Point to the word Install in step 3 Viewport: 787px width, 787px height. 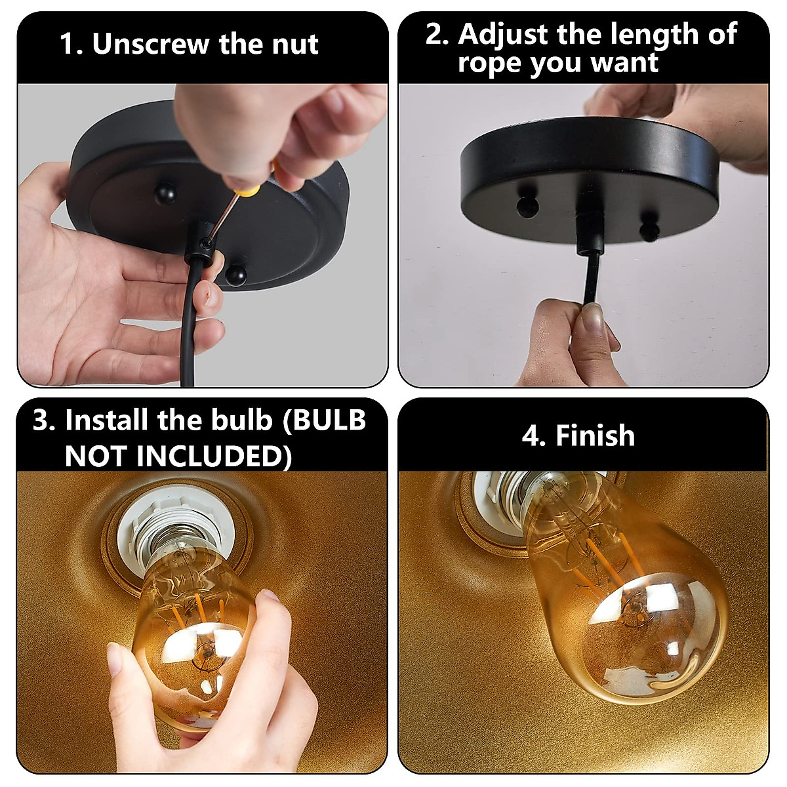pyautogui.click(x=106, y=420)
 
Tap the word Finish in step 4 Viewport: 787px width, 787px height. pyautogui.click(x=595, y=436)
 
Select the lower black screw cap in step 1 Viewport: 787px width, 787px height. pyautogui.click(x=235, y=275)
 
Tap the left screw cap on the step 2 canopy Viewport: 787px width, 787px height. pyautogui.click(x=527, y=205)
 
